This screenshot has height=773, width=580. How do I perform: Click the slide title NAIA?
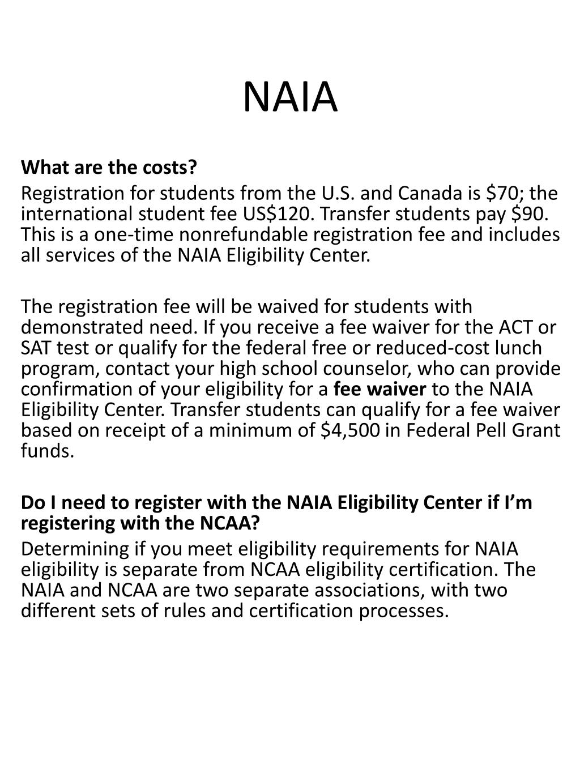[x=290, y=97]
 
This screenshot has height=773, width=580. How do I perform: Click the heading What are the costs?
[x=109, y=168]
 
